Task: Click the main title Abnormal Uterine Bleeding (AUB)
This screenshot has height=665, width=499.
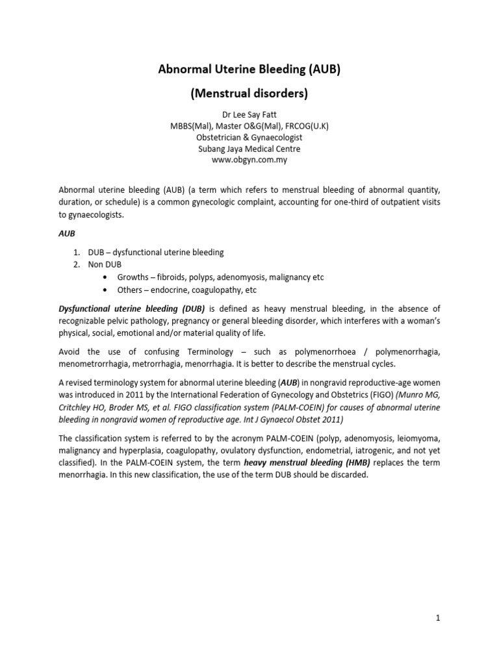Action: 249,69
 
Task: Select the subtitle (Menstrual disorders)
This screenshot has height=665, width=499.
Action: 249,94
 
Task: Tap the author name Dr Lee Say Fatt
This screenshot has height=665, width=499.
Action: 249,116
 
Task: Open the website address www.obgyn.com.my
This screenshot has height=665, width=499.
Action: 249,160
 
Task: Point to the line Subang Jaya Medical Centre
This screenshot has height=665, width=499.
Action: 249,149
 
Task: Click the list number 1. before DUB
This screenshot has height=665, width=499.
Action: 76,252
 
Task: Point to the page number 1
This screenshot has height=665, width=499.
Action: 439,618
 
